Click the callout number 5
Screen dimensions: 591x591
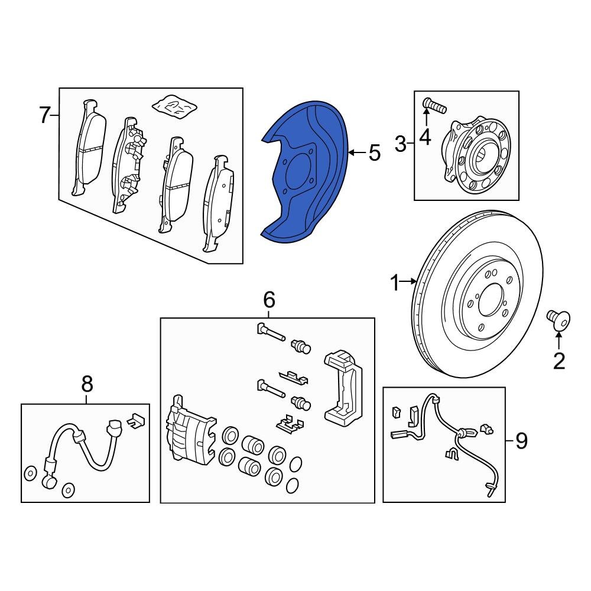[374, 154]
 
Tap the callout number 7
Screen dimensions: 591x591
[45, 115]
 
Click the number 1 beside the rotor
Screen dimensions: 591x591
[395, 284]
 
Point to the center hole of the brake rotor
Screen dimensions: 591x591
[492, 302]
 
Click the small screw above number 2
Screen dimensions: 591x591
[558, 320]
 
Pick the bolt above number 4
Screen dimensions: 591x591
[434, 107]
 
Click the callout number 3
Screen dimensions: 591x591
[401, 144]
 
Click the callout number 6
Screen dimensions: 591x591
[269, 300]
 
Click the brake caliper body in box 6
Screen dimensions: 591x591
[190, 431]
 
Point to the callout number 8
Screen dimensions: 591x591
[87, 385]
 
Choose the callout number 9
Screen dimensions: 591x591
[521, 441]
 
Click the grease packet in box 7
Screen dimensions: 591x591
[174, 105]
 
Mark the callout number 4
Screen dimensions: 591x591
[425, 137]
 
